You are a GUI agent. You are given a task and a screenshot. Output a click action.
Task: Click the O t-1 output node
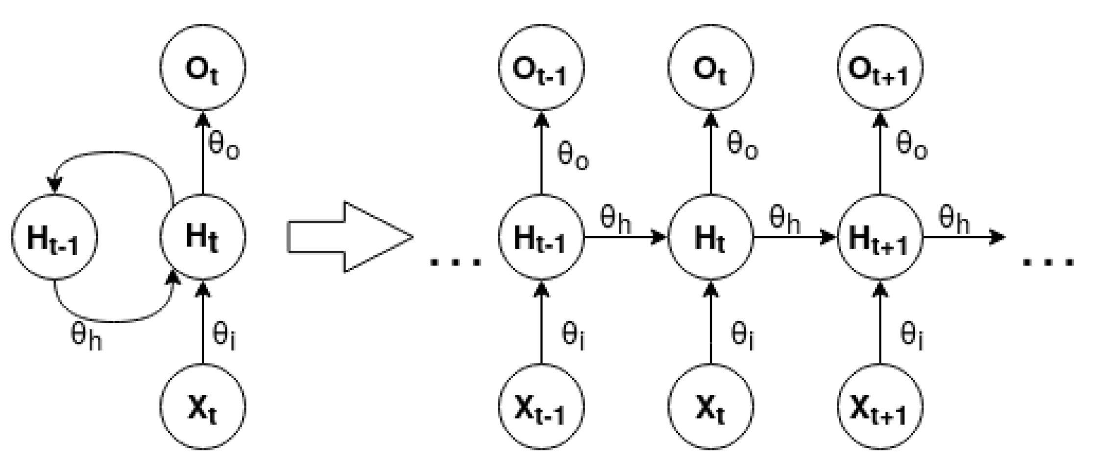[x=541, y=68]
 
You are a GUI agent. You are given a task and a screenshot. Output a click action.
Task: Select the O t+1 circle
[x=880, y=68]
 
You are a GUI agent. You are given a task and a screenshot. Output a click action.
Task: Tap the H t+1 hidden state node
[x=880, y=237]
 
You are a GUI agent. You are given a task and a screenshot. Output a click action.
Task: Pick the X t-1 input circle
[x=541, y=407]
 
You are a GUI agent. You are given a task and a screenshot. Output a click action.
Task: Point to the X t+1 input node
[x=880, y=407]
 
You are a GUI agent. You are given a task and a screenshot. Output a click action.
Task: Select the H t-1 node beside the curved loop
[x=54, y=237]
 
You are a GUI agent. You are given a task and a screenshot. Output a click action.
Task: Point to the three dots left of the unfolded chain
[x=456, y=262]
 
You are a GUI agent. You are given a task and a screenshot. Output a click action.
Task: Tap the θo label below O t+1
[x=911, y=146]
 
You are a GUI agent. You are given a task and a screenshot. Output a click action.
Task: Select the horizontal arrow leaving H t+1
[x=963, y=237]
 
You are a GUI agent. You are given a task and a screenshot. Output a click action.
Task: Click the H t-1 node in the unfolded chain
[x=541, y=237]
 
